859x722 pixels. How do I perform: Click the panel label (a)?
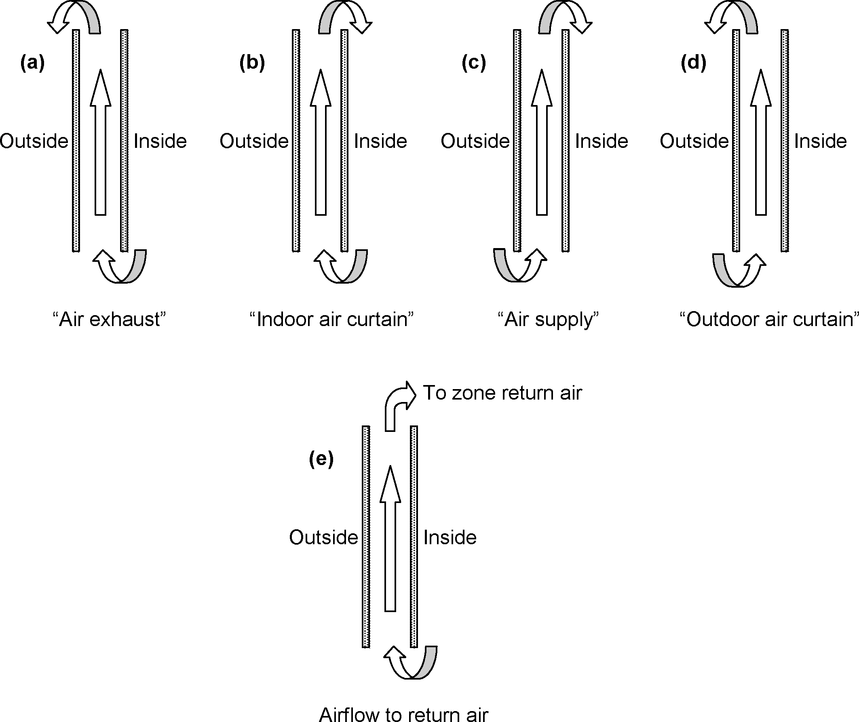click(32, 63)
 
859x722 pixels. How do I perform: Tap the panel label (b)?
click(252, 63)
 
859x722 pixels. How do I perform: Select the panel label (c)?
click(474, 63)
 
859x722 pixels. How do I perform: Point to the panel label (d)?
click(694, 63)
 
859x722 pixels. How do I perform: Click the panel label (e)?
click(321, 459)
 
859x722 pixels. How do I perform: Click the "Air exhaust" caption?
click(110, 319)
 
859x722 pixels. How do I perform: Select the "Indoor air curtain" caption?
click(331, 319)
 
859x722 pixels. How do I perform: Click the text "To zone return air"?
click(502, 393)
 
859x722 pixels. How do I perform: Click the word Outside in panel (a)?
click(34, 141)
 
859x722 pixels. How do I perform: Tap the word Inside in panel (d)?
click(821, 141)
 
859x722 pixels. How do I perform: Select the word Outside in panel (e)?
click(323, 537)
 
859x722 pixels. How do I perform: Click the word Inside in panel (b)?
click(380, 141)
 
